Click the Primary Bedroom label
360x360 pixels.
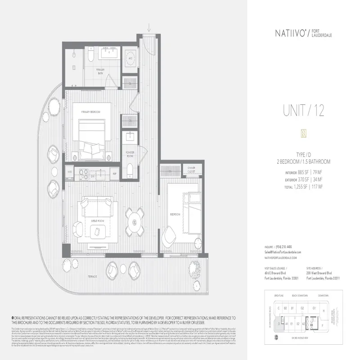tap(90, 112)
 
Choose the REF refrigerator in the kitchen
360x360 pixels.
tap(114, 172)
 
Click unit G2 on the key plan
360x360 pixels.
tap(303, 308)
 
